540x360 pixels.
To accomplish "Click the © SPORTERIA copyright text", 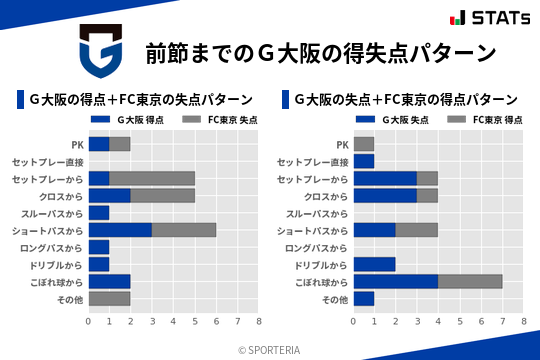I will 270,349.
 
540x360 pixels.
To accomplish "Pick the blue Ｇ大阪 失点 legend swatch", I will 365,120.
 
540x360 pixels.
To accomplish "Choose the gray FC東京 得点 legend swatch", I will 458,120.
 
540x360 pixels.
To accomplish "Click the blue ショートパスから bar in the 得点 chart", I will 120,230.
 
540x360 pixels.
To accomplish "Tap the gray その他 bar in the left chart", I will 109,298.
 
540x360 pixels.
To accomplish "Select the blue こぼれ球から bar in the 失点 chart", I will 396,281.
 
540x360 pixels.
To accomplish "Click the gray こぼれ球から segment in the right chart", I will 470,281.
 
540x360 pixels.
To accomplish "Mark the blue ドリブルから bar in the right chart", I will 375,264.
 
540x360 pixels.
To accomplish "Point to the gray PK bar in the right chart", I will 364,144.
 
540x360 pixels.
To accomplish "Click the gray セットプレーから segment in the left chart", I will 152,178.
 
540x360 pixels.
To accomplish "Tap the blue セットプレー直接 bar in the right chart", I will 364,161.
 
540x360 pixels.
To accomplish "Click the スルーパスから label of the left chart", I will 55,213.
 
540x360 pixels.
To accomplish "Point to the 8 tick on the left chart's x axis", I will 258,322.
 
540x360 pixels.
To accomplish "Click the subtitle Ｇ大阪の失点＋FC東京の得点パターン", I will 405,100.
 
